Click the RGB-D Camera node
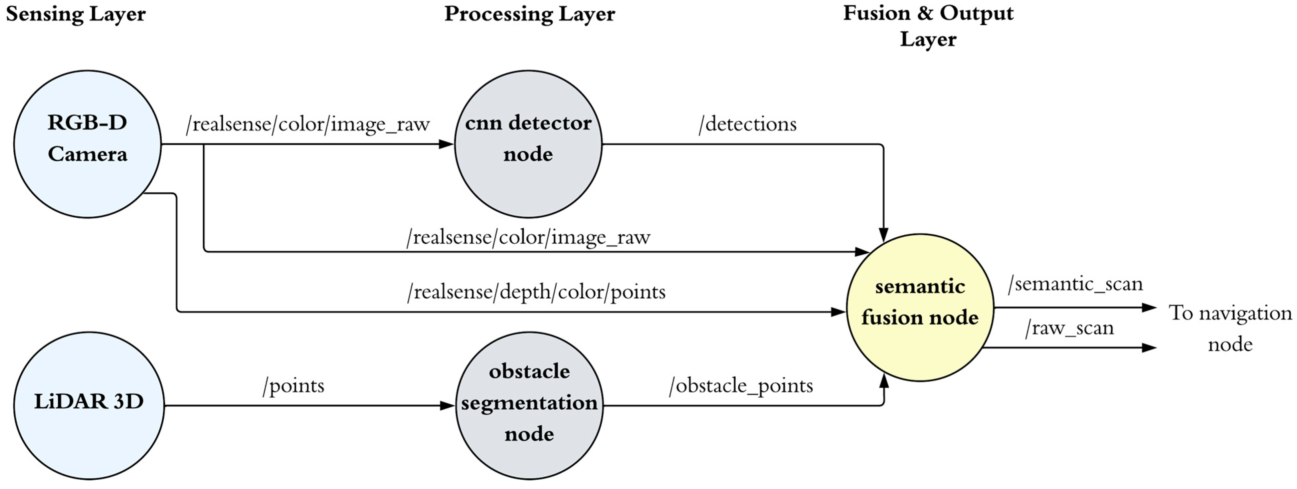click(x=87, y=144)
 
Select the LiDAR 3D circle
click(x=89, y=405)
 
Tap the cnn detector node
click(x=528, y=144)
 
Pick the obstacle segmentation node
click(x=529, y=405)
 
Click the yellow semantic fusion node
click(x=920, y=307)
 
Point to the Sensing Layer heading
click(x=76, y=14)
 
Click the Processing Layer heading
click(x=529, y=14)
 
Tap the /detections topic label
click(x=748, y=124)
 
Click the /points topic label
click(x=293, y=386)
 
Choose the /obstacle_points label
click(x=741, y=386)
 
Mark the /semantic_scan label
click(x=1075, y=284)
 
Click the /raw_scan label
click(x=1069, y=328)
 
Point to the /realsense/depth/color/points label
click(x=536, y=292)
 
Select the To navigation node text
click(x=1230, y=328)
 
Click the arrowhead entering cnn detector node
click(x=447, y=144)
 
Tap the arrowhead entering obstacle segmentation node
click(x=448, y=405)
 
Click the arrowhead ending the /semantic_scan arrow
click(x=1150, y=307)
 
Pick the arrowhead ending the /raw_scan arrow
click(x=1150, y=348)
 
